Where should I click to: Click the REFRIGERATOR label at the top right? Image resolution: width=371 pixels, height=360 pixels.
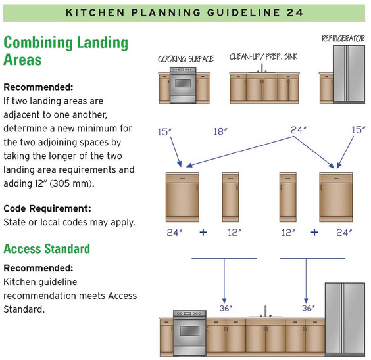343,39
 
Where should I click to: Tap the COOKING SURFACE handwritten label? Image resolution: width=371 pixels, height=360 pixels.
185,59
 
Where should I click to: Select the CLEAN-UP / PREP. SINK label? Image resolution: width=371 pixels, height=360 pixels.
263,57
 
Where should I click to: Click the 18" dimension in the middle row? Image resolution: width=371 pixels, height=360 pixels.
220,131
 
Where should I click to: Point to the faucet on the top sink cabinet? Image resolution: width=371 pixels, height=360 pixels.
262,68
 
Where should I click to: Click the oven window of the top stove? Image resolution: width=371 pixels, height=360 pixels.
183,83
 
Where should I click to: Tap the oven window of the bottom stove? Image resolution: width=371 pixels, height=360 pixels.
189,330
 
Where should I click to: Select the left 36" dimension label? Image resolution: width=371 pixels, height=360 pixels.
226,308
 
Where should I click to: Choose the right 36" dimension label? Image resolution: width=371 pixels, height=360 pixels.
309,308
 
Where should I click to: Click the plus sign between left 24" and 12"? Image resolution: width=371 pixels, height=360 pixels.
203,233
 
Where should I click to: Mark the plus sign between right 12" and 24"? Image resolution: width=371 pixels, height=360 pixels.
314,233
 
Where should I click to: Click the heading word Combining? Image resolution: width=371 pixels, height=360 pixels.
38,43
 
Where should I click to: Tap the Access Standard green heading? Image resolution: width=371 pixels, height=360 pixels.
47,248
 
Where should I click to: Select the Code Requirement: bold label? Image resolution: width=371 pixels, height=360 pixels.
47,209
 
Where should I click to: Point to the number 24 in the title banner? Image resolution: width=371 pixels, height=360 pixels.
295,12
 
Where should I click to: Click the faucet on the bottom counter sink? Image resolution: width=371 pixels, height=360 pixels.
266,311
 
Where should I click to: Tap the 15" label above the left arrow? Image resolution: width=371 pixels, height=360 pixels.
164,132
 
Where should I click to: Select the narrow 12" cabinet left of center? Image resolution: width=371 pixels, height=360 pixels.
230,197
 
